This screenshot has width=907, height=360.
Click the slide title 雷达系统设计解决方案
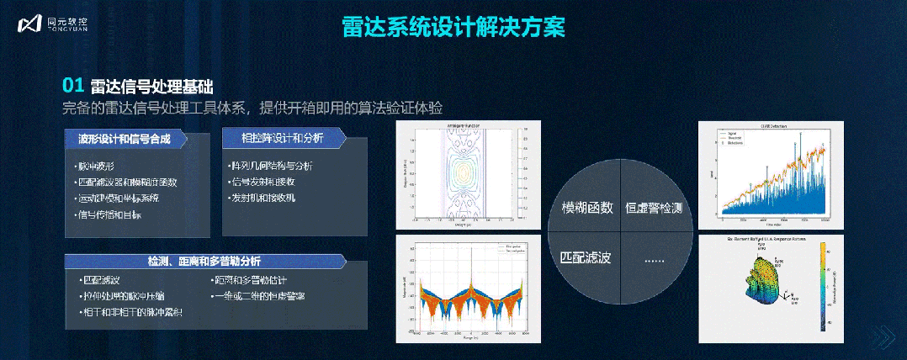453,26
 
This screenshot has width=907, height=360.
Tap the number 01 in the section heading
73,85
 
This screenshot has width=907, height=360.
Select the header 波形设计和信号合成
124,139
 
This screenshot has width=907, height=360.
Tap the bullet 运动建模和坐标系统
118,199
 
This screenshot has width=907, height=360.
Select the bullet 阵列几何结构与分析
270,166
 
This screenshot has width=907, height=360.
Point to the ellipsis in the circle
654,260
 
